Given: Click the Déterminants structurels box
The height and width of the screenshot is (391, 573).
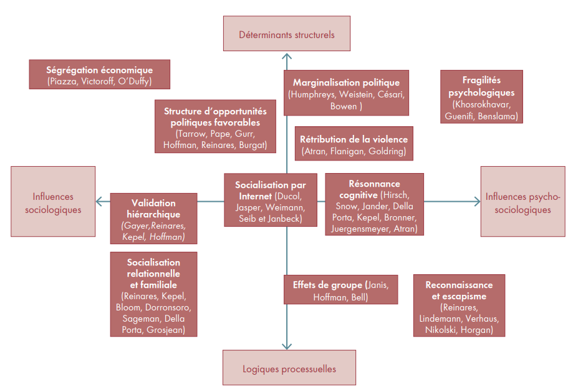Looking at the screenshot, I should point(286,34).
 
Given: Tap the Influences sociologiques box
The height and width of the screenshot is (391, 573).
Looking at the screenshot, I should point(53,201).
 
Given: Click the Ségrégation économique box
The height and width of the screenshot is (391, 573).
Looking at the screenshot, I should point(99,75).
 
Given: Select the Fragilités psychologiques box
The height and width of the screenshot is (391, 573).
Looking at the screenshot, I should point(481,97).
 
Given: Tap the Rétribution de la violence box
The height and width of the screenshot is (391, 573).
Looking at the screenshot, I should point(354,144).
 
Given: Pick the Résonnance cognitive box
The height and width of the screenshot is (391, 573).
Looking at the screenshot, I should point(374,204).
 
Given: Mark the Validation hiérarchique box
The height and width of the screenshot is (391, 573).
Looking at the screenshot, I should point(153,219).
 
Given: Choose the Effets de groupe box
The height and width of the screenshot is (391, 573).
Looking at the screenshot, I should point(340,290).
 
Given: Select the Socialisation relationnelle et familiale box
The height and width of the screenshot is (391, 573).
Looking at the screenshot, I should point(153,294).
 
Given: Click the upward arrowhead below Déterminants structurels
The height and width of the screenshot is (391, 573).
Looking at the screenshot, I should point(286,57).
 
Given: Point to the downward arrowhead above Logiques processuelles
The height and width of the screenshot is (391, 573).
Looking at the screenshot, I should point(286,345).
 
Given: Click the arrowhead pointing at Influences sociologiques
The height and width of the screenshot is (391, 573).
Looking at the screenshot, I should point(99,201).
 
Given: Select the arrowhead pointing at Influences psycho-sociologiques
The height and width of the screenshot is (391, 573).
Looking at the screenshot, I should point(476,201).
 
